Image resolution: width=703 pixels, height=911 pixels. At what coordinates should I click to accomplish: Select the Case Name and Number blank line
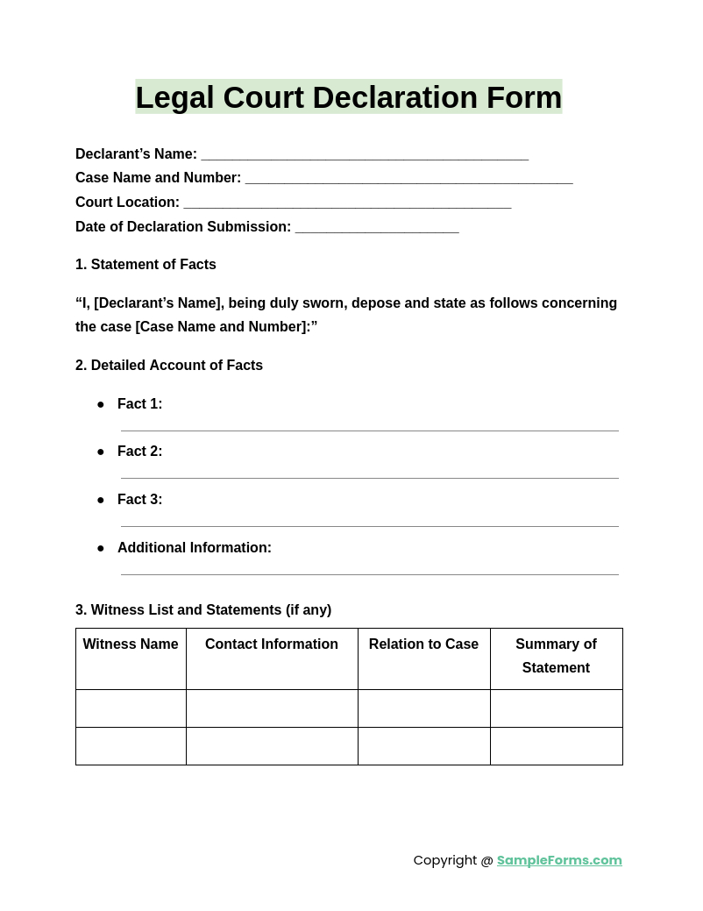point(408,181)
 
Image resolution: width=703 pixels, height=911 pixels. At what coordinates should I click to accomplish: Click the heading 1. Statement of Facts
point(146,265)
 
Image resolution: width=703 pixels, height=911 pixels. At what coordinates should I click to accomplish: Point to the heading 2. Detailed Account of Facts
point(169,366)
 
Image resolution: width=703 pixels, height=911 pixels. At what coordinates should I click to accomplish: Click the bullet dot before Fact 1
point(101,404)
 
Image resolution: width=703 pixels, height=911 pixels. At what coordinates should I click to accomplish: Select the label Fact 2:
point(140,452)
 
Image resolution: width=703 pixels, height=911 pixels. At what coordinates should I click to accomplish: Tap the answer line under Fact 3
point(369,525)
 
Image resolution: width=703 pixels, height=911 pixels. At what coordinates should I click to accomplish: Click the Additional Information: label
point(195,548)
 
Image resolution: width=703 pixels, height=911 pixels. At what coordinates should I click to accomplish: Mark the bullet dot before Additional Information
point(101,548)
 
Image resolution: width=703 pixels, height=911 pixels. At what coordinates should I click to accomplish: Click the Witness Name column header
point(131,644)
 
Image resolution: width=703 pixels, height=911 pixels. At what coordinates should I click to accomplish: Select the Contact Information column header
point(272,644)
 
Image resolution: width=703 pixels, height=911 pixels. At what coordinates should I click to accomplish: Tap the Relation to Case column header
point(423,644)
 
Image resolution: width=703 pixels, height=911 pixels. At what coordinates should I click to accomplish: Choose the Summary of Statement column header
point(556,656)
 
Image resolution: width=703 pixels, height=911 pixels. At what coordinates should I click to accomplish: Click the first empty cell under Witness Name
point(131,708)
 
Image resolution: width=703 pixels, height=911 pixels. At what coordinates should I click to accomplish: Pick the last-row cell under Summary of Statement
point(556,746)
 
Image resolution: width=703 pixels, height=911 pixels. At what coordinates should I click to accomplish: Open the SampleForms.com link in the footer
point(559,860)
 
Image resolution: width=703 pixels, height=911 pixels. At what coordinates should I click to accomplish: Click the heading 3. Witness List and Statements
point(203,610)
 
